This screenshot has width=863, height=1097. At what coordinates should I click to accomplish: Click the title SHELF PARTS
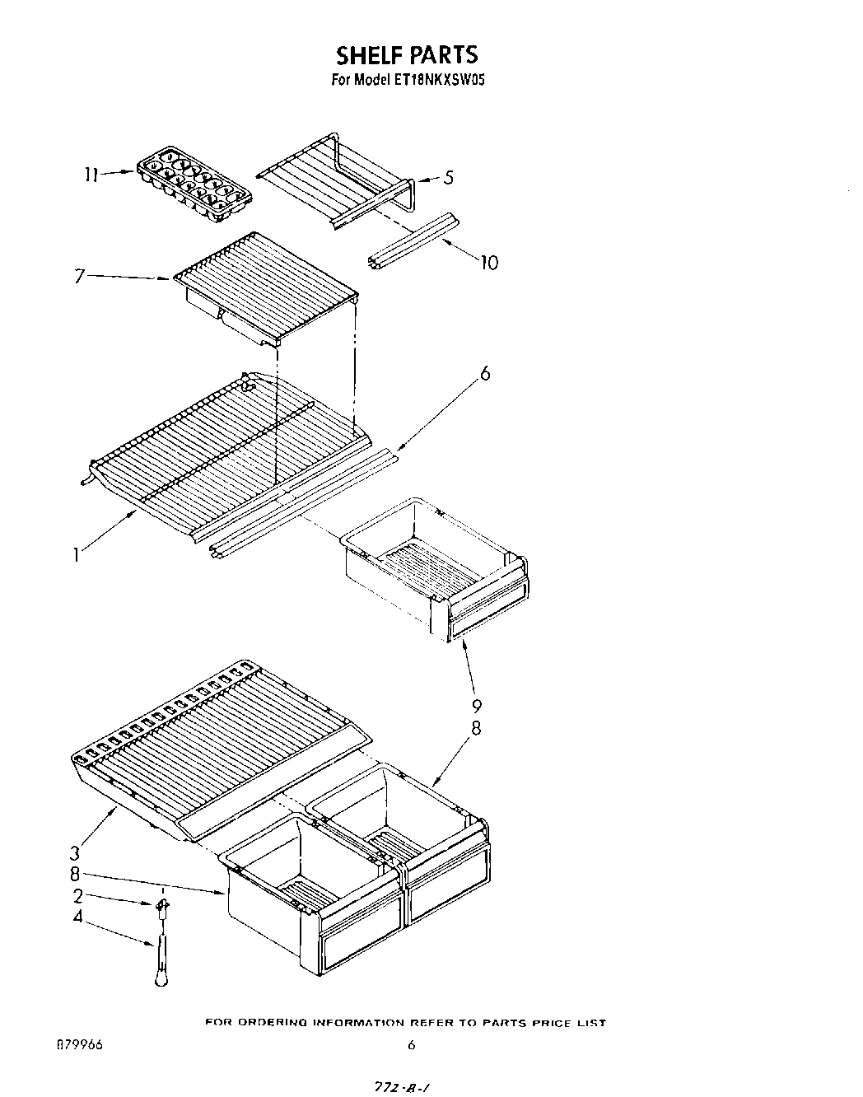click(x=406, y=54)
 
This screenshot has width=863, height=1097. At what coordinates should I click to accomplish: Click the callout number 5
click(x=448, y=177)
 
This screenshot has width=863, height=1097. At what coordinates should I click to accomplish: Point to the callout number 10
click(x=488, y=263)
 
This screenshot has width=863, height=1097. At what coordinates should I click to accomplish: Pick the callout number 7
click(x=79, y=276)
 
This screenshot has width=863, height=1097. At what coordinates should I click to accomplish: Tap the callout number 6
click(x=484, y=373)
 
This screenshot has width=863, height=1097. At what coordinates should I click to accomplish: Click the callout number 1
click(x=77, y=556)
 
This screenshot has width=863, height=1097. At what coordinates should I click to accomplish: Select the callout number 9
click(x=477, y=706)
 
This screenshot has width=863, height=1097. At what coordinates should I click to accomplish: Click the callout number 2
click(x=77, y=896)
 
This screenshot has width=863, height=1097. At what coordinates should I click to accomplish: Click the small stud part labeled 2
click(x=162, y=906)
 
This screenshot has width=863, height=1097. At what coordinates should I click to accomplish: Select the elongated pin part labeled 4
click(x=159, y=959)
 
